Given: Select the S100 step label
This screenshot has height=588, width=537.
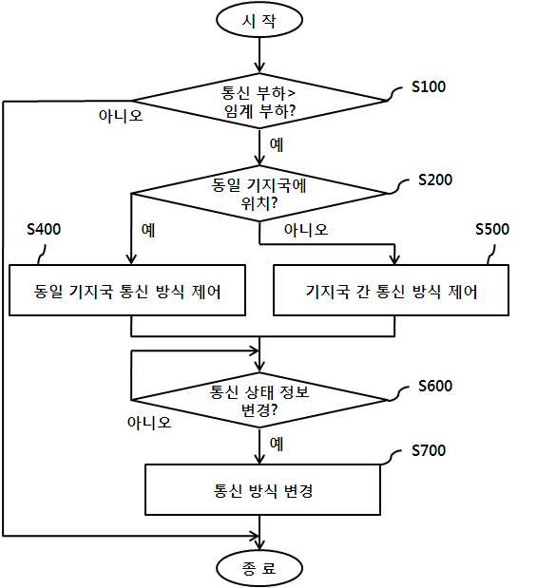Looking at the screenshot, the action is [429, 86].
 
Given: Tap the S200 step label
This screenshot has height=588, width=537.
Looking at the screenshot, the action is [435, 180].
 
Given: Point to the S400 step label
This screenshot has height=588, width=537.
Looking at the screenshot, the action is [44, 229].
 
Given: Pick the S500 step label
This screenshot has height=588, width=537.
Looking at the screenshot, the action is [492, 229].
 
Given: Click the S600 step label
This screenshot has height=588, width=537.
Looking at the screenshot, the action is [435, 386].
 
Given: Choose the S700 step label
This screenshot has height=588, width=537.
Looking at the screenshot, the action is [429, 450].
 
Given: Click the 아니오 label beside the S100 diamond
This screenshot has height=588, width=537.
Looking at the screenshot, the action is [121, 115].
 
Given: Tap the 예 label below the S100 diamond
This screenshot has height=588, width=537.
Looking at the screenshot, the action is [277, 144].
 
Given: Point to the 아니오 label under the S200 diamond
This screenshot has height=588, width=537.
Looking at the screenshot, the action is [306, 230].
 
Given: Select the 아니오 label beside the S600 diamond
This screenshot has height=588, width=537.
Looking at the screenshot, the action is [149, 423].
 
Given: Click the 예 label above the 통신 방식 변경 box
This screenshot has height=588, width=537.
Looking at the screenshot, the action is [277, 444].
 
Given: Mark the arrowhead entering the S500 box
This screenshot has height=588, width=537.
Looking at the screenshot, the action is [394, 260].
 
